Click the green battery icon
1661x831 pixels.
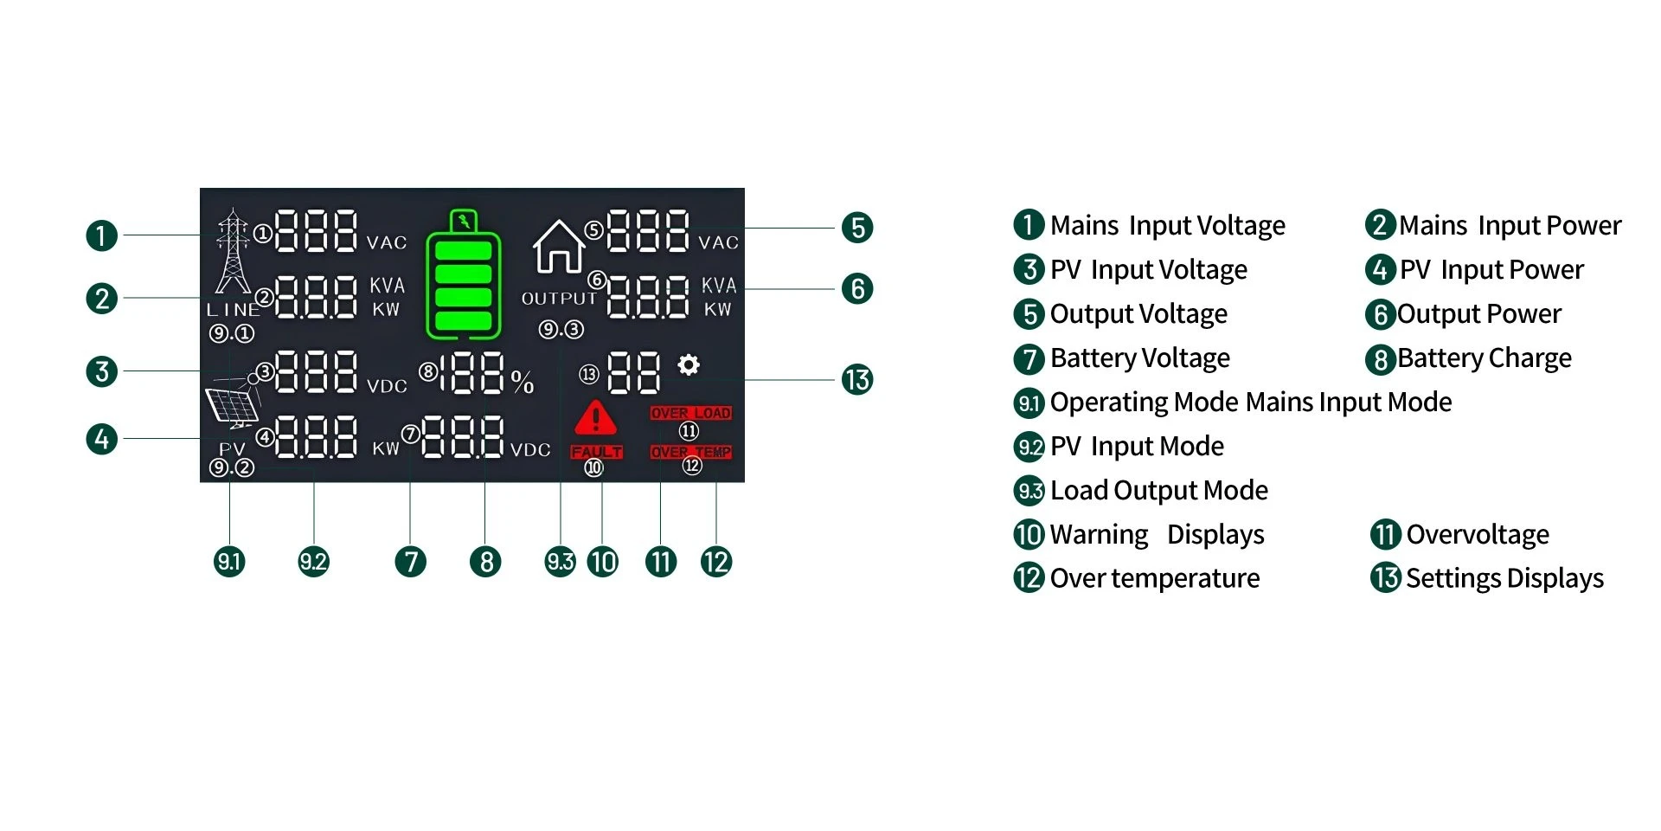tap(464, 277)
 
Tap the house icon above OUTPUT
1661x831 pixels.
tap(559, 246)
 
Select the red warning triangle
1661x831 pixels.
tap(595, 418)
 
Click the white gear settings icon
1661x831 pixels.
tap(689, 364)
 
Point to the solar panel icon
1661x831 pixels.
tap(232, 403)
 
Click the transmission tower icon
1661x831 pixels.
tap(233, 251)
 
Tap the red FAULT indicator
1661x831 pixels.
tap(596, 452)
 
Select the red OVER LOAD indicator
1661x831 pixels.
tap(690, 413)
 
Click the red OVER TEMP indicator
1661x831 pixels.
tap(690, 452)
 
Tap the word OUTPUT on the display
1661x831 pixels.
tap(559, 299)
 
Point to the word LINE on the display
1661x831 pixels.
tap(232, 309)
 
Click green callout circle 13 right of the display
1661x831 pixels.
tap(856, 379)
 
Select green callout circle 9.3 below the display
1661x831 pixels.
tap(560, 562)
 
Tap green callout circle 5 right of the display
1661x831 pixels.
tap(856, 228)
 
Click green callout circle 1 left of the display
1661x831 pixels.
tap(102, 235)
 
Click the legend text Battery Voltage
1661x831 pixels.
tap(1139, 358)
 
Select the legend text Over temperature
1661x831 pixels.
tap(1154, 578)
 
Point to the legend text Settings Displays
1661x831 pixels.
tap(1504, 578)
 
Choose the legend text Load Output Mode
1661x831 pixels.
tap(1158, 491)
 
